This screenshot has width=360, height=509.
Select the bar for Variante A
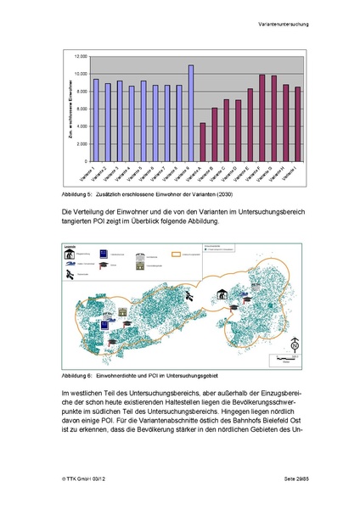tap(203, 142)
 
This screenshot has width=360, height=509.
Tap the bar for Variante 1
tap(96, 120)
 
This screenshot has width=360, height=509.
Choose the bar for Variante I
tap(298, 123)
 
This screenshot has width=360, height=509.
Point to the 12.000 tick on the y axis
tap(81, 56)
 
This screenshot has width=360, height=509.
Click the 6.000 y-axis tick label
tap(82, 109)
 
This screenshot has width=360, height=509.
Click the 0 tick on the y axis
tap(86, 160)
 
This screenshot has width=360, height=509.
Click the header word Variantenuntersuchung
tap(283, 25)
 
